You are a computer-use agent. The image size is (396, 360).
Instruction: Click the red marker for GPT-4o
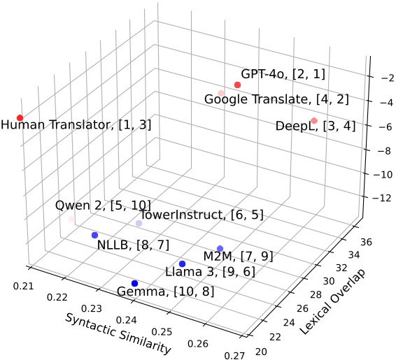click(237, 85)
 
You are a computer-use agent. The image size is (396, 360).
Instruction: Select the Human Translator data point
click(20, 117)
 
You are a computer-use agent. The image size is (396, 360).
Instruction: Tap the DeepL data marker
click(314, 121)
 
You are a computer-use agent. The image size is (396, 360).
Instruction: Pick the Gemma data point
click(134, 283)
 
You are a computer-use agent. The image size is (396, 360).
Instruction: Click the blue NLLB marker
click(94, 235)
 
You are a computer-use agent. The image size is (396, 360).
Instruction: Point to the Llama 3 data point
click(182, 264)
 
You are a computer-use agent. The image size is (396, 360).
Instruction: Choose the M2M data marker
click(220, 249)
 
